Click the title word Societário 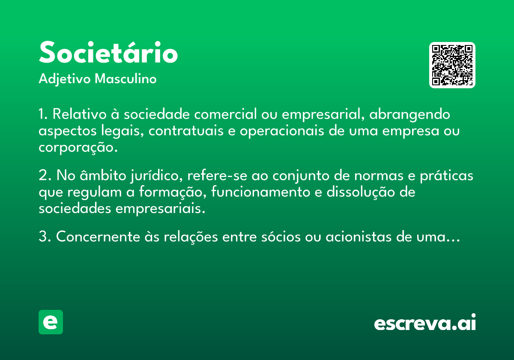pyautogui.click(x=108, y=52)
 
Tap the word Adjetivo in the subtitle pyautogui.click(x=65, y=79)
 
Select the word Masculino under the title pyautogui.click(x=126, y=78)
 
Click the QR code pyautogui.click(x=452, y=65)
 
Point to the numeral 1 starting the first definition pyautogui.click(x=42, y=114)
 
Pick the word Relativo pyautogui.click(x=79, y=114)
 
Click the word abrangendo pyautogui.click(x=409, y=115)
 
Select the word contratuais pyautogui.click(x=186, y=131)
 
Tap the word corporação pyautogui.click(x=78, y=147)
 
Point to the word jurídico pyautogui.click(x=156, y=176)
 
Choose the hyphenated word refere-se pyautogui.click(x=217, y=175)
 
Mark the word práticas pyautogui.click(x=446, y=176)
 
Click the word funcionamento pyautogui.click(x=260, y=192)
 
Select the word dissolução pyautogui.click(x=361, y=192)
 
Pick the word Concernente pyautogui.click(x=98, y=237)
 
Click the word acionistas pyautogui.click(x=359, y=237)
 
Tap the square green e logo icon pyautogui.click(x=51, y=322)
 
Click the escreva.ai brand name pyautogui.click(x=425, y=322)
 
